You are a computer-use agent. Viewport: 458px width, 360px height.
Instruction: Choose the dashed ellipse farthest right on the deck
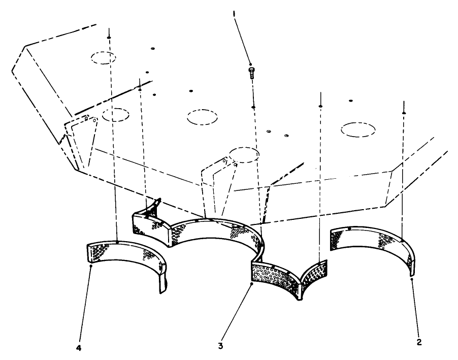pos(358,130)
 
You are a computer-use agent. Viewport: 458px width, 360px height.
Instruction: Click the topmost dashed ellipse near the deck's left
pos(107,57)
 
